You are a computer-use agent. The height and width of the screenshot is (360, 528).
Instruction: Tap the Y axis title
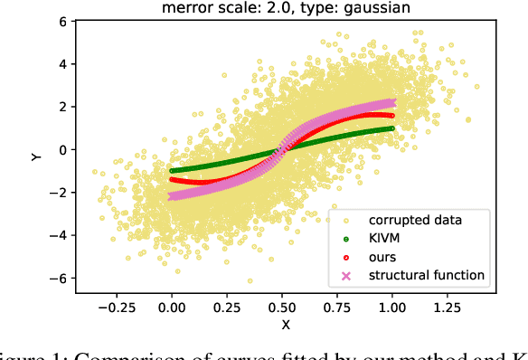point(36,156)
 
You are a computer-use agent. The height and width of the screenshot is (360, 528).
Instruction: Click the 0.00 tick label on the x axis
point(172,306)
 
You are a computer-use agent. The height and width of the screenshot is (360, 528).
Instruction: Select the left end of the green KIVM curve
point(172,170)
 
